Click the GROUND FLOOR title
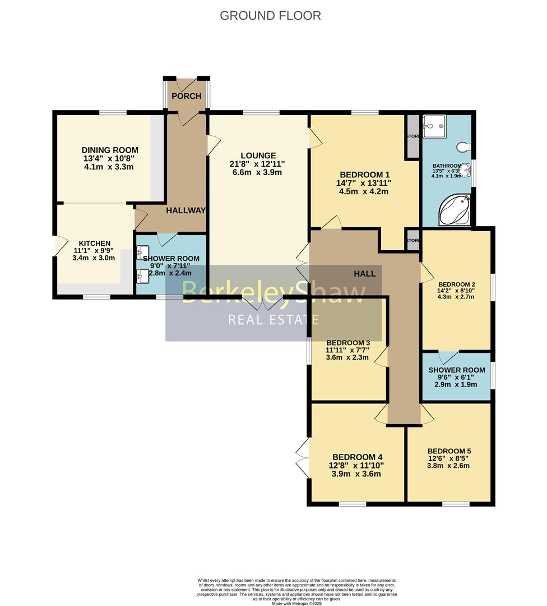[x=270, y=16]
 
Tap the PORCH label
[x=186, y=97]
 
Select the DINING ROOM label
[x=110, y=150]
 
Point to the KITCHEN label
[x=94, y=243]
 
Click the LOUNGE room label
[x=258, y=155]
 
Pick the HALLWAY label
[x=186, y=210]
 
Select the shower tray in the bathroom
[x=433, y=126]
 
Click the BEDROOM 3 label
[x=348, y=343]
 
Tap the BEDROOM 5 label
[x=449, y=451]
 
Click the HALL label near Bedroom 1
[x=364, y=273]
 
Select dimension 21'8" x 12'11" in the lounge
[x=258, y=164]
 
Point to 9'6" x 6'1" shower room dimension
[x=457, y=378]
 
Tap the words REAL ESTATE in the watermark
[x=273, y=320]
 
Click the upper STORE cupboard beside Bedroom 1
[x=413, y=136]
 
